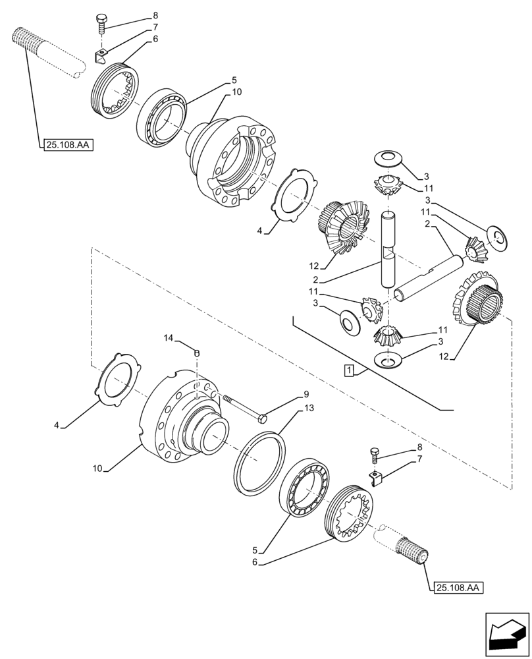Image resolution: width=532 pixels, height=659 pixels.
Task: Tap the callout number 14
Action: pyautogui.click(x=169, y=338)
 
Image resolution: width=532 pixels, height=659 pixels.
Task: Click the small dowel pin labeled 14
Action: pyautogui.click(x=196, y=354)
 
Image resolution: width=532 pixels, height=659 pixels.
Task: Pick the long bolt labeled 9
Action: pyautogui.click(x=246, y=408)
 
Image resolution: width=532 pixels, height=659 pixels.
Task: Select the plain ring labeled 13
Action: pyautogui.click(x=261, y=461)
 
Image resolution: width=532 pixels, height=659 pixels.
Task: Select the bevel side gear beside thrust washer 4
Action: pyautogui.click(x=340, y=227)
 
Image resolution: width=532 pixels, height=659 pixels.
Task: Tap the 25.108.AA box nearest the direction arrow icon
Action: pyautogui.click(x=458, y=587)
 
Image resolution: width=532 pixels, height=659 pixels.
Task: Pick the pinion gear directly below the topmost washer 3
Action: pyautogui.click(x=387, y=188)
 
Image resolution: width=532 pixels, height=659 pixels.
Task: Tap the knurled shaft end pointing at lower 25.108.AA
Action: pyautogui.click(x=412, y=547)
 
